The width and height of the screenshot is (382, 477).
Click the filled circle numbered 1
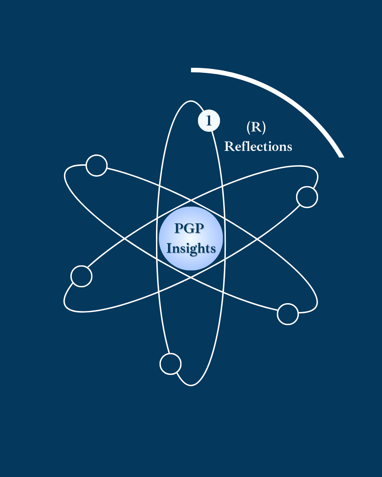(x=209, y=120)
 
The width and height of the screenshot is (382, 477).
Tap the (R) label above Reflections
(x=256, y=127)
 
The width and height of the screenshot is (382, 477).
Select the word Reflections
(x=258, y=146)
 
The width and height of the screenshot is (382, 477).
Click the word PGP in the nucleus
(x=189, y=229)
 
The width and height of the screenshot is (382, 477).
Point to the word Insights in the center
(x=191, y=248)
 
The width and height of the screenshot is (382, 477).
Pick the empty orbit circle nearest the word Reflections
(x=307, y=197)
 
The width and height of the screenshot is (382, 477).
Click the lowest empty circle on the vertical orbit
(x=170, y=364)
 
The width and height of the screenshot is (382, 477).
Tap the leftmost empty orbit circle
(x=81, y=276)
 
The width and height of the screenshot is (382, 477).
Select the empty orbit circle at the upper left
(x=97, y=165)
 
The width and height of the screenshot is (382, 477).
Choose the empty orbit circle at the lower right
(x=288, y=314)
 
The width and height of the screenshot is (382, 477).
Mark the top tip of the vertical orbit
(x=191, y=101)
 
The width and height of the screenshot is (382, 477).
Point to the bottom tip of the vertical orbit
(x=191, y=385)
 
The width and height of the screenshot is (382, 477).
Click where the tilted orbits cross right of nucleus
(x=257, y=239)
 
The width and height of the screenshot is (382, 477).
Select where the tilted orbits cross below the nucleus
(x=191, y=278)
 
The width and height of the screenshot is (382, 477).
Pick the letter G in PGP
(x=189, y=229)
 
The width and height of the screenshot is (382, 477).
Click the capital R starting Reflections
(x=228, y=146)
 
